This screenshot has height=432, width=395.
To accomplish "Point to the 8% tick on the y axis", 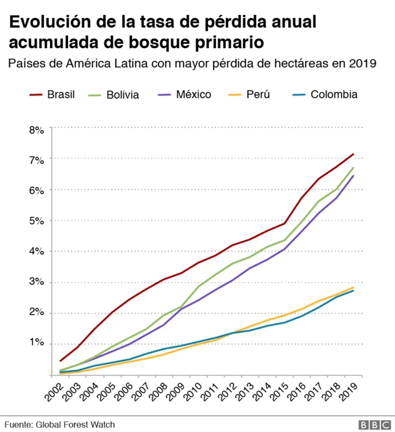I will pos(36,130).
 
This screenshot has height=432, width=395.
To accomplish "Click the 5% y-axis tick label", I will pos(36,221).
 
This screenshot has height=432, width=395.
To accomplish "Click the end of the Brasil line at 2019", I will pos(353,154).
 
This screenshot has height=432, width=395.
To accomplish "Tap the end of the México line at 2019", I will pos(353,176).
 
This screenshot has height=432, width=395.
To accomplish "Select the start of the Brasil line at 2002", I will pos(60,361).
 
